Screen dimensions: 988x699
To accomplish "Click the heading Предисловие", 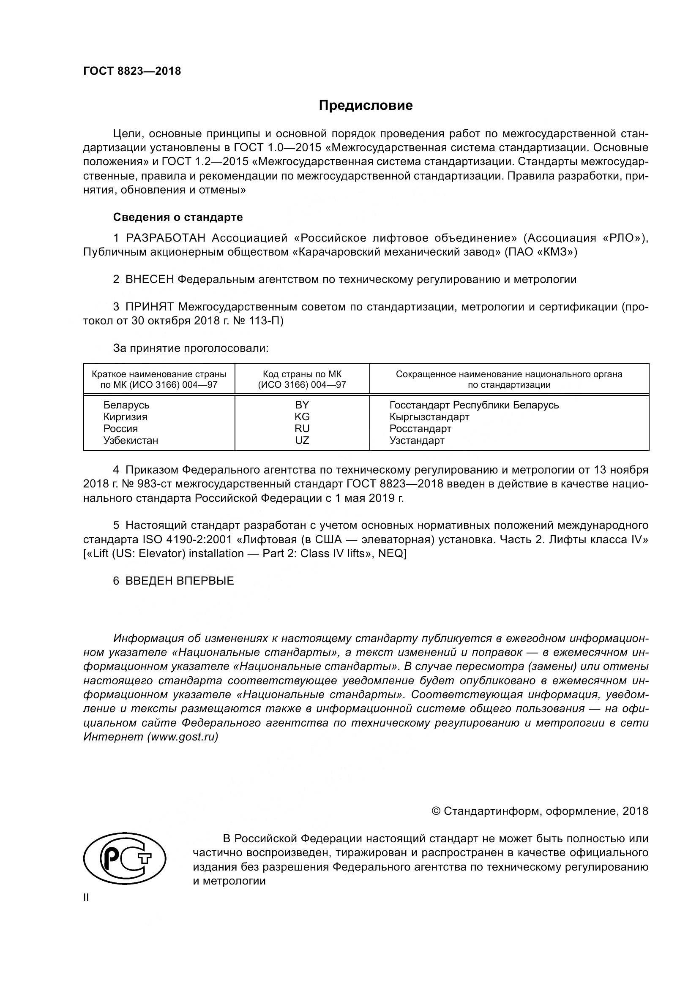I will [x=366, y=106].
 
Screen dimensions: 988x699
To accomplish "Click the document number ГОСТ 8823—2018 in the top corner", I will [x=132, y=71].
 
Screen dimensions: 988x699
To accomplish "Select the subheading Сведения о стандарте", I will [x=178, y=217].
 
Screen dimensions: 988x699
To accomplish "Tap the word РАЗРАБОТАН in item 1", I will [x=166, y=238].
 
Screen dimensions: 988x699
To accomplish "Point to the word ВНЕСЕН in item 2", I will [x=150, y=279].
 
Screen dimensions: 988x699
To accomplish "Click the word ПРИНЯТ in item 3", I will [x=149, y=307].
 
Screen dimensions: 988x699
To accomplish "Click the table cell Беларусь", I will [x=126, y=405].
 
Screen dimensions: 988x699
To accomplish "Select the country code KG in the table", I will [x=302, y=416].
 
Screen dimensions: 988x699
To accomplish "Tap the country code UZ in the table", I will [x=302, y=440].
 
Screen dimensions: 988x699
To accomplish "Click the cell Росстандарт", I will [x=420, y=429].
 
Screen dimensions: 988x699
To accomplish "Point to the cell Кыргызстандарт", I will [x=429, y=416].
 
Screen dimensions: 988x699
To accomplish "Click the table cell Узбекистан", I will [x=131, y=440].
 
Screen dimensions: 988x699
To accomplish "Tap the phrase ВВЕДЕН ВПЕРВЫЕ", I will [x=180, y=581].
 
